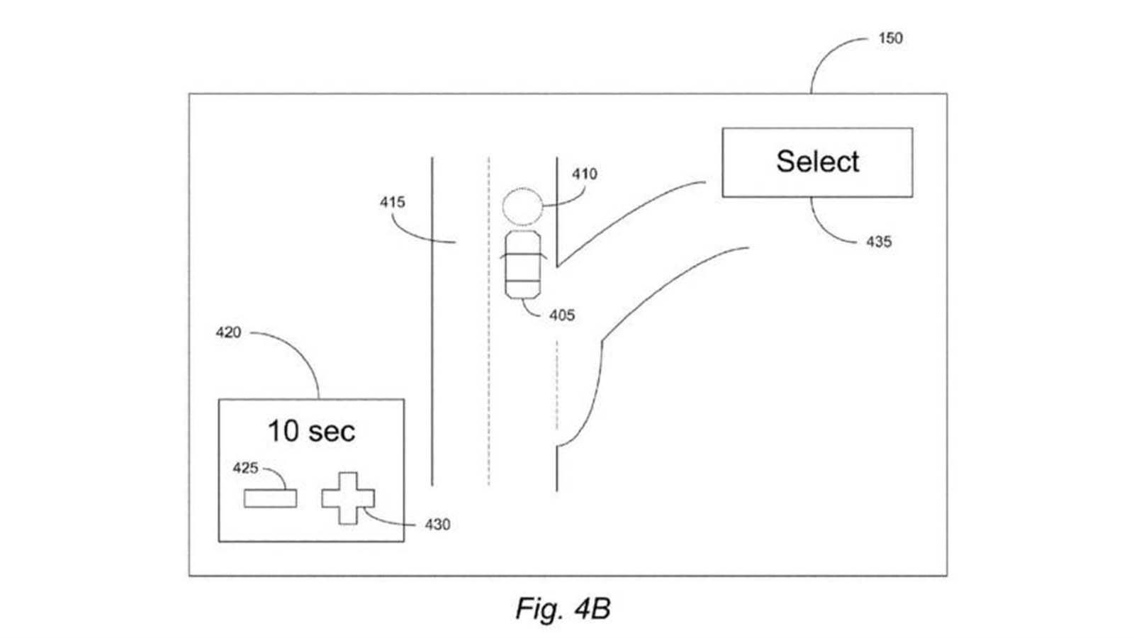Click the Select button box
817,162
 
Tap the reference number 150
890,38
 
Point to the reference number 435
879,242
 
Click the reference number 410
585,174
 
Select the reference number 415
393,203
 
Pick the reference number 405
562,315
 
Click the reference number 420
228,332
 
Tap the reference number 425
245,469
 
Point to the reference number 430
437,525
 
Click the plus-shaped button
348,498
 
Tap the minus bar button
270,498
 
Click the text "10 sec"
311,432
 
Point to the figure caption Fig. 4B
563,608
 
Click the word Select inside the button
818,162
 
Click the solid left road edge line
432,322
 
